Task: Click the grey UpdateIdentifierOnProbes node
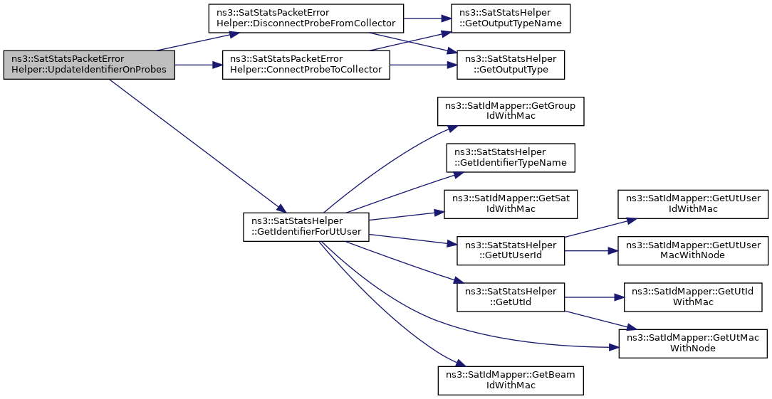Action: [88, 65]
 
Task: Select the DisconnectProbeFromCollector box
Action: [306, 18]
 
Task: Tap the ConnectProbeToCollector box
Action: [306, 65]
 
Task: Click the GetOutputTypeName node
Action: [511, 18]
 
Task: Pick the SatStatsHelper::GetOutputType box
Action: [511, 65]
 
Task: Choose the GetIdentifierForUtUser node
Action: [306, 227]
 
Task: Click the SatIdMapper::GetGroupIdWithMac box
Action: [511, 111]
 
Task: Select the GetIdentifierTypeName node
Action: [511, 157]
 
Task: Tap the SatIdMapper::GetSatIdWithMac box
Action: [511, 204]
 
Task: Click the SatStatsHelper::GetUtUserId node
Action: [511, 250]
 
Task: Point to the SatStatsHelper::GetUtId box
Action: [511, 297]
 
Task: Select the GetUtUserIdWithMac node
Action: [693, 204]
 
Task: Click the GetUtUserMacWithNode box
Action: [693, 250]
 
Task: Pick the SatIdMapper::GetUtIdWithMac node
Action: [693, 297]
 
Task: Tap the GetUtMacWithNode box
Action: [693, 344]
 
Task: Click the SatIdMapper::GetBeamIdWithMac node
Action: [511, 381]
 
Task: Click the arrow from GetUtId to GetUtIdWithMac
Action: [594, 297]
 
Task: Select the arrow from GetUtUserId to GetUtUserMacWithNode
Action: [591, 250]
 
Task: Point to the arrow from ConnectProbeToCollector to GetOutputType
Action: [423, 65]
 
